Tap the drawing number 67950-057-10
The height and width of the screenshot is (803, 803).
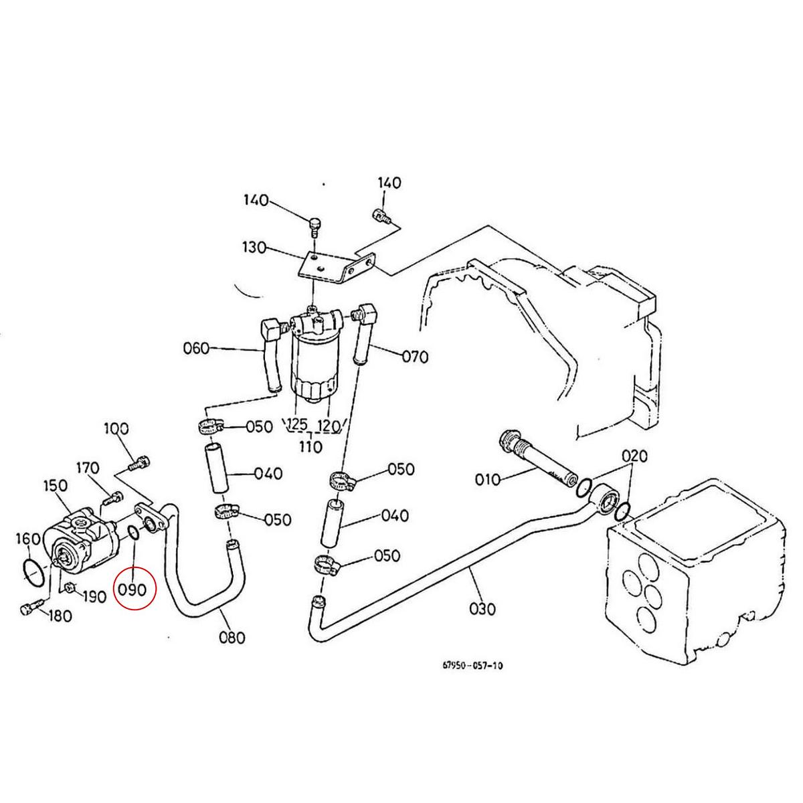point(472,665)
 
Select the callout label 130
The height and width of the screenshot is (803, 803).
point(255,249)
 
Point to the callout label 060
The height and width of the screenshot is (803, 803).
point(196,348)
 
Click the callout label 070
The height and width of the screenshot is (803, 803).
point(415,357)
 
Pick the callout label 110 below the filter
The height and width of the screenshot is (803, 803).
point(310,446)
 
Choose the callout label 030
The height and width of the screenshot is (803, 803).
point(482,609)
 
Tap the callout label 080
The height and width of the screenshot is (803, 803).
point(232,637)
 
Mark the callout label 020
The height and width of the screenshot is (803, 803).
point(634,456)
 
